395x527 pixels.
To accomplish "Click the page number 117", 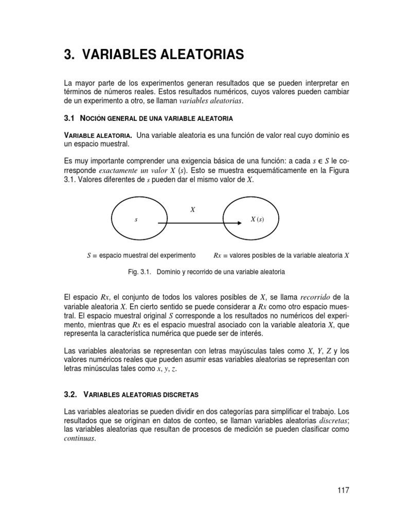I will pos(343,490).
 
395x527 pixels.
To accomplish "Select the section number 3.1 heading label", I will pos(69,118).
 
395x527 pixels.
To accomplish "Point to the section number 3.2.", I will pos(70,394).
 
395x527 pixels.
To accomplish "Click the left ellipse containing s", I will pos(135,219).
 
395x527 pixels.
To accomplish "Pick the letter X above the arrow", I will pos(192,210).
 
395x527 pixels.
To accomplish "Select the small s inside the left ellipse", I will pos(136,220).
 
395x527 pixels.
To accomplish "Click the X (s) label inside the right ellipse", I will pos(257,219).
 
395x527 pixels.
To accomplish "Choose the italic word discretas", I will pos(333,420).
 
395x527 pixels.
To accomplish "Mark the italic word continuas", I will pos(79,438).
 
